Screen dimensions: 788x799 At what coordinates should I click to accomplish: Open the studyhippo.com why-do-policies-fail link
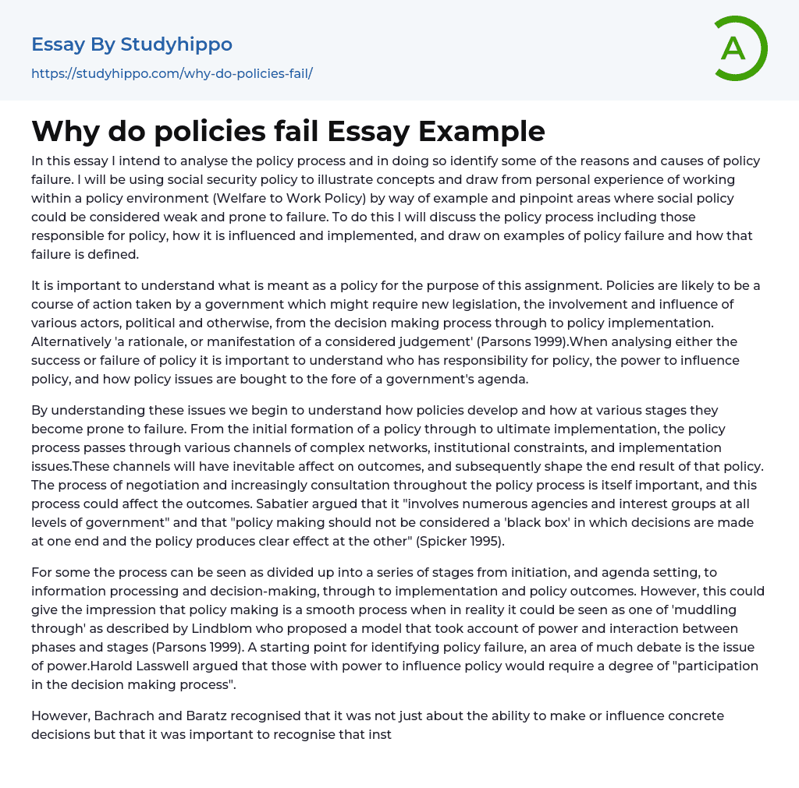tap(172, 73)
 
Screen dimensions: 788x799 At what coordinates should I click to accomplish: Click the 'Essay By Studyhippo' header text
tap(132, 44)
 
